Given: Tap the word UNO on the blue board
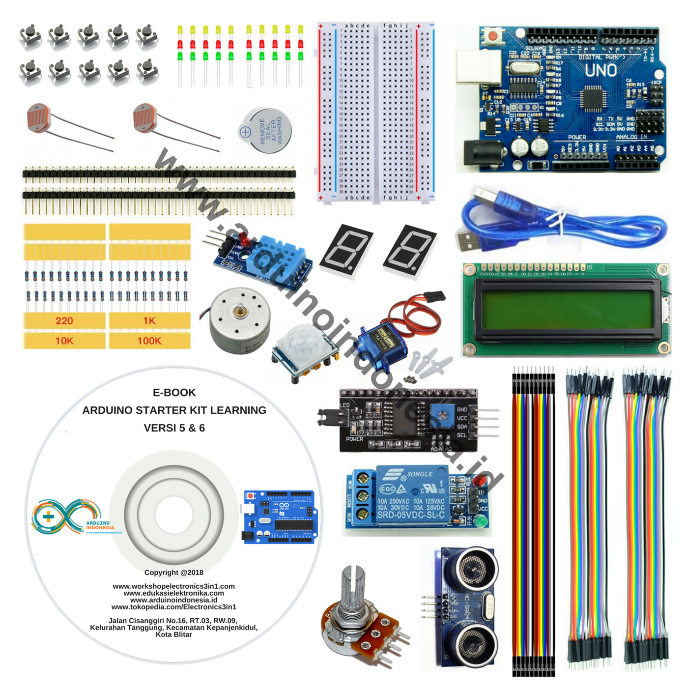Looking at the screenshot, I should click(x=601, y=71).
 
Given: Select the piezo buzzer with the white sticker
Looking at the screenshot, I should click(x=265, y=130).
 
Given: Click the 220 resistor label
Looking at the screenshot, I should click(x=64, y=321).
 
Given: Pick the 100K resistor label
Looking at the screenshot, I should click(x=149, y=341).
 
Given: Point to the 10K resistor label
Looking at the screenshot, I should click(x=64, y=341).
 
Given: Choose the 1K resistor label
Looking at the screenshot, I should click(x=149, y=321).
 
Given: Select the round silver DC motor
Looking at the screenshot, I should click(x=239, y=319).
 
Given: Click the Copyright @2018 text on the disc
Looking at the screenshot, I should click(x=174, y=573).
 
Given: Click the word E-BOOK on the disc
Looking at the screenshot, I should click(x=174, y=393).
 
